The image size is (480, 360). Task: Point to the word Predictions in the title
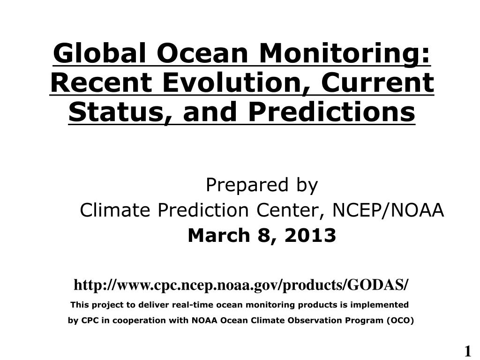pyautogui.click(x=332, y=112)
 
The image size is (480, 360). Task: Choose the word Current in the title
pyautogui.click(x=377, y=82)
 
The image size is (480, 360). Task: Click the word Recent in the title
pyautogui.click(x=101, y=82)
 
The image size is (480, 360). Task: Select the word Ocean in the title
pyautogui.click(x=202, y=53)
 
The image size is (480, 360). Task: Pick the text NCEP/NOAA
pyautogui.click(x=388, y=210)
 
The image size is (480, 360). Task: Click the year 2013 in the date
pyautogui.click(x=310, y=235)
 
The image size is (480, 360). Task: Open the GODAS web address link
pyautogui.click(x=241, y=285)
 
